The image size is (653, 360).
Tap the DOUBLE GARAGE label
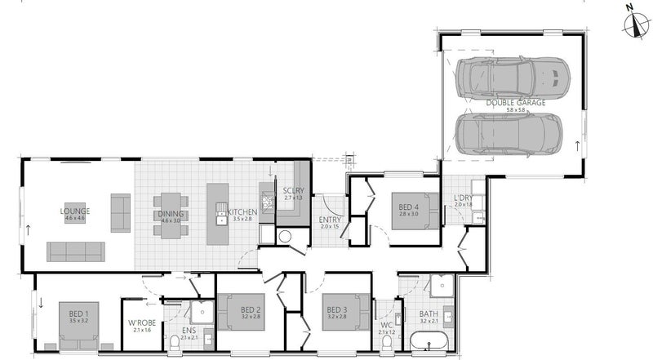tap(513, 103)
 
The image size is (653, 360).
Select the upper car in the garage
tap(512, 76)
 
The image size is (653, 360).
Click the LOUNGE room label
tap(75, 211)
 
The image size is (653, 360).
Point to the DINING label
tap(171, 214)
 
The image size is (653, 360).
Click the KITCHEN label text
tap(242, 212)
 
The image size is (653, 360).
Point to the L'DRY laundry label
tap(463, 198)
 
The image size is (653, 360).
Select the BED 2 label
tap(251, 310)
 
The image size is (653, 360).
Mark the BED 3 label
tap(337, 310)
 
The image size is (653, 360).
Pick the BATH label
tap(429, 314)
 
